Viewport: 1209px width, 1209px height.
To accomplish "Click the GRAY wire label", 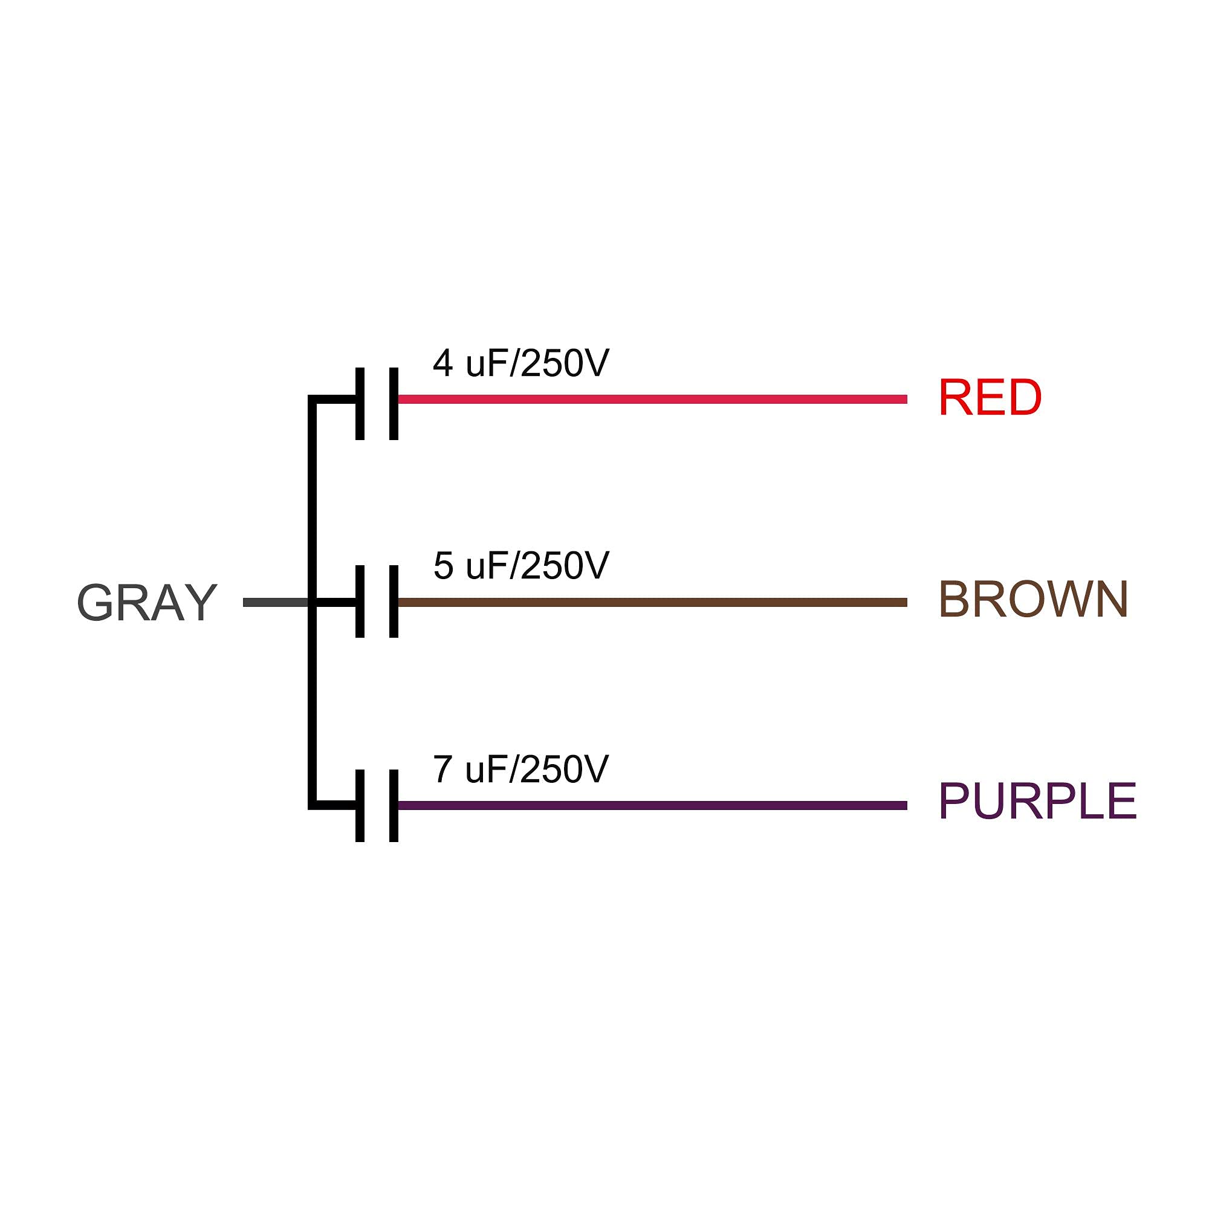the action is pos(147,603).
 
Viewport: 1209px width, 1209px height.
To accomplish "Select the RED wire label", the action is pos(990,397).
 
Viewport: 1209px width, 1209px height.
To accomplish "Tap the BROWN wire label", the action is pos(1034,600).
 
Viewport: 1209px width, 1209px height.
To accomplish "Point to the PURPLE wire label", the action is pos(1037,802).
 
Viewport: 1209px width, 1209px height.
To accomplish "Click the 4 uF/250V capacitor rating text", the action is pos(520,363).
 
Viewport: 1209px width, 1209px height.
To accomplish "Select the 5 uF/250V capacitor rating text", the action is pos(520,566).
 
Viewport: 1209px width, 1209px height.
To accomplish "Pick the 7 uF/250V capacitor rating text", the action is pos(520,769).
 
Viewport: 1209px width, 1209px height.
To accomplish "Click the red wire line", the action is pos(652,399).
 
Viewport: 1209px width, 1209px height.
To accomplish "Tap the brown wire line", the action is pos(652,603).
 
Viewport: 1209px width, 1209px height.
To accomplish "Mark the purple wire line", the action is pos(652,805).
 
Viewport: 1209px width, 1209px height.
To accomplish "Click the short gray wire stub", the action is pos(275,603).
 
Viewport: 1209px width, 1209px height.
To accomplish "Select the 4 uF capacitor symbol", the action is pos(377,404).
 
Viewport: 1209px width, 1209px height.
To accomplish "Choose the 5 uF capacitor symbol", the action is pos(377,601).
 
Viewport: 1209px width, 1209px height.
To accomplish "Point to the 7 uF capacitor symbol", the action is pos(377,805).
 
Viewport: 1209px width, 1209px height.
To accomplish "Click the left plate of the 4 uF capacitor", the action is pos(360,404).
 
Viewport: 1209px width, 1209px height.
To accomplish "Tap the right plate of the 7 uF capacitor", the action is pos(394,805).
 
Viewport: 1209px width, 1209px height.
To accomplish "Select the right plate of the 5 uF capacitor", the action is pos(394,601).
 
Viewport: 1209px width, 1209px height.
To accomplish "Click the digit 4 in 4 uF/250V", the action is pos(443,363).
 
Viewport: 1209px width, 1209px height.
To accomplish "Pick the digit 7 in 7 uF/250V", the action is pos(442,769).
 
